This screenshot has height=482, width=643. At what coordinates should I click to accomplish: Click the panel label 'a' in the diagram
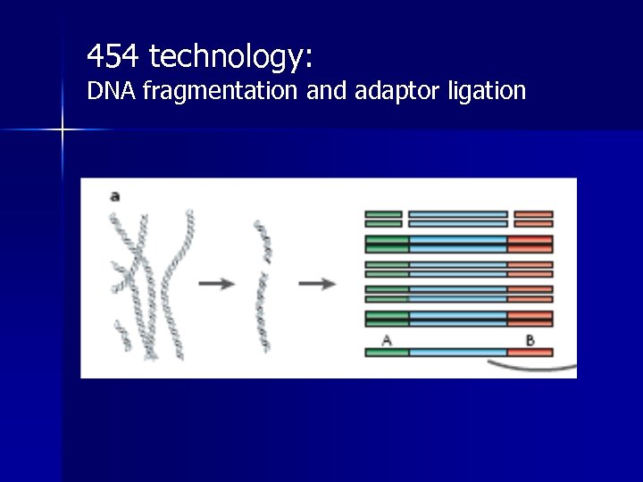tap(114, 195)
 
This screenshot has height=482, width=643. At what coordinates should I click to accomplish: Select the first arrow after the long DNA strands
tap(216, 283)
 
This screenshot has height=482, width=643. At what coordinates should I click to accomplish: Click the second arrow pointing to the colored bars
tap(316, 283)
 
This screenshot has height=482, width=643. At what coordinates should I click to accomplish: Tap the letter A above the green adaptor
tap(387, 339)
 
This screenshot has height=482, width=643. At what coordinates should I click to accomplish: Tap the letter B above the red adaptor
tap(530, 339)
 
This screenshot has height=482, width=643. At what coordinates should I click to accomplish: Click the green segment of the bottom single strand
tap(387, 353)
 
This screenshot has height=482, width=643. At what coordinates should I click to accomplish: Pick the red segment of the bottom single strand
tap(530, 353)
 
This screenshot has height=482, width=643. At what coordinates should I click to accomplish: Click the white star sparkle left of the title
tap(63, 130)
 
